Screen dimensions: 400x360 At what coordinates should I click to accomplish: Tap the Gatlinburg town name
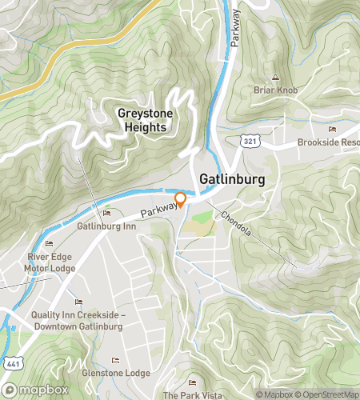228,182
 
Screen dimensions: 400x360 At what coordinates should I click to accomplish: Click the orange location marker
181,199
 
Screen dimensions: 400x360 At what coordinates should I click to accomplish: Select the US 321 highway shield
250,140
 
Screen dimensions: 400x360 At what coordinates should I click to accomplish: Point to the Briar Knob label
275,90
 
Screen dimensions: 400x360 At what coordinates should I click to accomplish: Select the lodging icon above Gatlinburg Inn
106,213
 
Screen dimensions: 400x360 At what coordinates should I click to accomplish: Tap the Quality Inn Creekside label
78,320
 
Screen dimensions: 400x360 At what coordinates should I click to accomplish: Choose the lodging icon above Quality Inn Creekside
78,302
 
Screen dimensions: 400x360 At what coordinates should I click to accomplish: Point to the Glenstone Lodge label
115,373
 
